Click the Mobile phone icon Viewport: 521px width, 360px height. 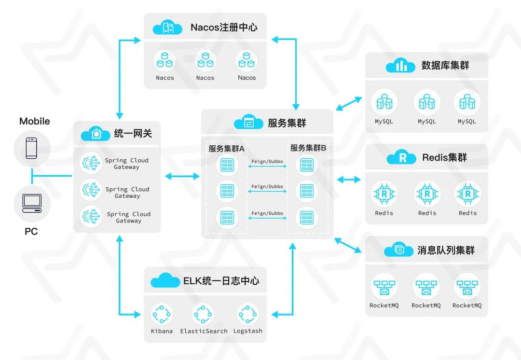coord(31,148)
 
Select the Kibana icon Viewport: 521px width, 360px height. coord(161,315)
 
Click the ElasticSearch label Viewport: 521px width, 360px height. coord(204,331)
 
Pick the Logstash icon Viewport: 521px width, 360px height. coord(247,315)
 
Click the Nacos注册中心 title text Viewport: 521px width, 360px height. coord(224,27)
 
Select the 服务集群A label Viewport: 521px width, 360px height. coord(226,148)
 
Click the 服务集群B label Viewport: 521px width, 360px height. coord(308,148)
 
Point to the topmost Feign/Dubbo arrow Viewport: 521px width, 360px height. coord(267,166)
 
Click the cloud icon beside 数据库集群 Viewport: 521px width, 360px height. coord(400,66)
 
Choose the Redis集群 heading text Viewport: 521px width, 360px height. coord(444,157)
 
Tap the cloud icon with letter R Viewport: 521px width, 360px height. coord(401,157)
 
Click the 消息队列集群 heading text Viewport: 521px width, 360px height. coord(446,250)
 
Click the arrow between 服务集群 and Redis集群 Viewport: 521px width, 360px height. coord(348,180)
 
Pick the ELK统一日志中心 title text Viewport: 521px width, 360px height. coord(221,280)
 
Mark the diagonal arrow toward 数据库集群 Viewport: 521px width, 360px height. coord(348,103)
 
